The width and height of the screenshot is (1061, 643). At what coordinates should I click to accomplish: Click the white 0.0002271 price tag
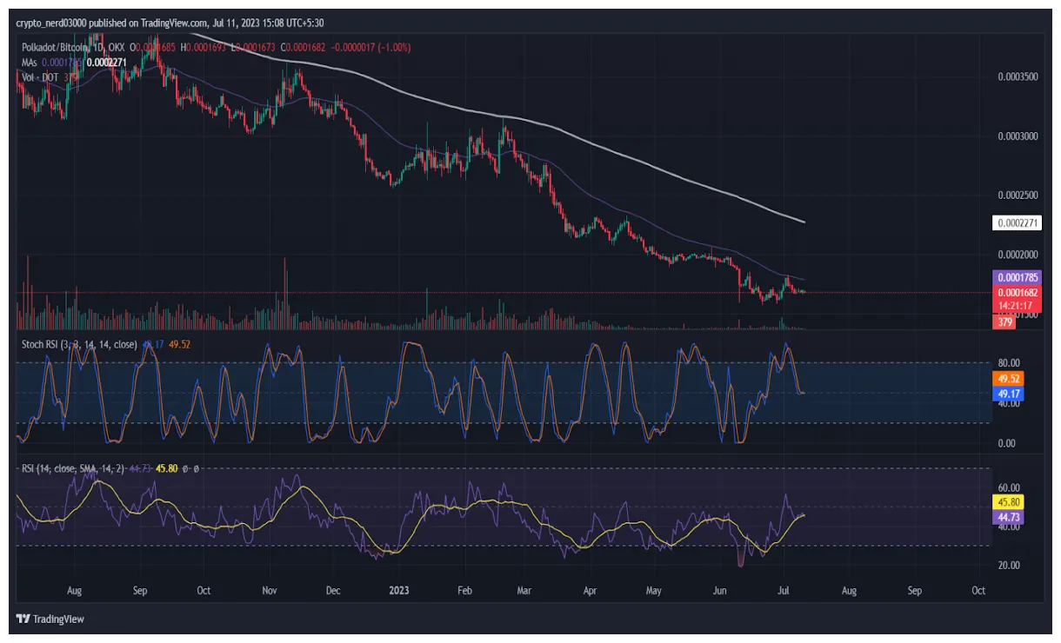coord(1017,223)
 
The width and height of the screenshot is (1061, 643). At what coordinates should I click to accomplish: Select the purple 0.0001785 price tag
coord(1017,277)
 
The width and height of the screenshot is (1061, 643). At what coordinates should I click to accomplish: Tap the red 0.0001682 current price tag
coord(1017,293)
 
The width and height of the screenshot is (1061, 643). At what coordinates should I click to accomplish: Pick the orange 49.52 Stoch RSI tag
coord(1008,379)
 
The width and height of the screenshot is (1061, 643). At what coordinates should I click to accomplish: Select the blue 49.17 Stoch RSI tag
coord(1008,394)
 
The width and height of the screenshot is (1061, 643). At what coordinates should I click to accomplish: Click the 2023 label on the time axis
coord(398,591)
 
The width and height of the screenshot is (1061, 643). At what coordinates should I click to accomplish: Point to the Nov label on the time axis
coord(269,591)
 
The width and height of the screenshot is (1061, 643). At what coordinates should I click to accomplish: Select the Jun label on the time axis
coord(719,591)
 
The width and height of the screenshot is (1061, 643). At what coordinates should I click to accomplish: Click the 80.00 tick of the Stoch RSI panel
coord(1008,363)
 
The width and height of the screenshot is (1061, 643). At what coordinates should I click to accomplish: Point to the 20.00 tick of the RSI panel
coord(1008,565)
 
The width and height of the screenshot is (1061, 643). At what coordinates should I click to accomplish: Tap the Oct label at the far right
coord(978,591)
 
